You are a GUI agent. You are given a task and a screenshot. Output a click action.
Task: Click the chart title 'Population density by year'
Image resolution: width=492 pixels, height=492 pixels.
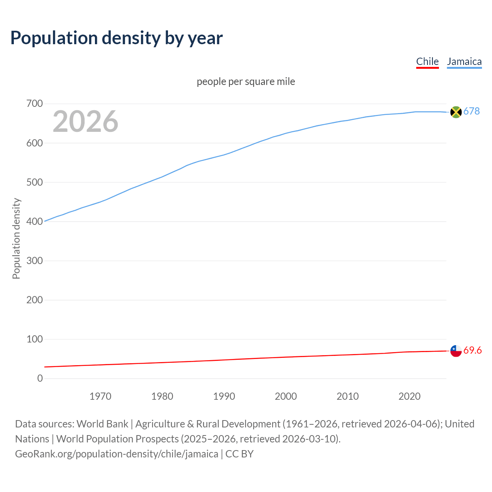116,38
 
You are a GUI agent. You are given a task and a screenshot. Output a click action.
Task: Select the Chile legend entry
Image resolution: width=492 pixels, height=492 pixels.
427,61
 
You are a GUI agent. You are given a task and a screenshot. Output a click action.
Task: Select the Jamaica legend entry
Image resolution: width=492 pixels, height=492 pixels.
464,61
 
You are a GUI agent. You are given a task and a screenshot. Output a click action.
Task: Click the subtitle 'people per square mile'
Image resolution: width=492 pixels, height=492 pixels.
246,82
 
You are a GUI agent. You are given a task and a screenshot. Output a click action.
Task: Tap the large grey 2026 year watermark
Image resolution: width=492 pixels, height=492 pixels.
85,121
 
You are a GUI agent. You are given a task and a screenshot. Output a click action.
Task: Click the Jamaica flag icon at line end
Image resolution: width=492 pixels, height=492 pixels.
455,112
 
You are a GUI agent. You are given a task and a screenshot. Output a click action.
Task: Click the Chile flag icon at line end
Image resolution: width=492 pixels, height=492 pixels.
455,351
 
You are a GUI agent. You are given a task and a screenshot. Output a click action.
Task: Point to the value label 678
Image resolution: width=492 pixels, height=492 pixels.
471,111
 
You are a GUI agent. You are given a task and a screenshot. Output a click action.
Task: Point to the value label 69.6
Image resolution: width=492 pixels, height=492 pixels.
472,350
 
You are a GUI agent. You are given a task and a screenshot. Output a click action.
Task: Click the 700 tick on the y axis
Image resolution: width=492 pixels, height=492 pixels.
35,104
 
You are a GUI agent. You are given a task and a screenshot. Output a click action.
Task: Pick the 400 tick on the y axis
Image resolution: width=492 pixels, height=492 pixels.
35,221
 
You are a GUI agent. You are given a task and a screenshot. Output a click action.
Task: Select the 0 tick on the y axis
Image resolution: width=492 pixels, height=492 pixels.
40,378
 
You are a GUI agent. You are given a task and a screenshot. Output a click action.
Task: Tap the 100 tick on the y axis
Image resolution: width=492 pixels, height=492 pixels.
35,339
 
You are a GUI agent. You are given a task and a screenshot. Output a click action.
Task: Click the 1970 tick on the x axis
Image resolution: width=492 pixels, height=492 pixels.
100,396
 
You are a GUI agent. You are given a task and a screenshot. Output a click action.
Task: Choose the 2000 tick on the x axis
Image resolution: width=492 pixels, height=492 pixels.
286,396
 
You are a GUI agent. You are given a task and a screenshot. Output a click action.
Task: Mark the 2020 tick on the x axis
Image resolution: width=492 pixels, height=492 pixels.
409,396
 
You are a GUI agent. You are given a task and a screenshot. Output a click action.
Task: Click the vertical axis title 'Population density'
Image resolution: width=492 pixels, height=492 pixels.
16,238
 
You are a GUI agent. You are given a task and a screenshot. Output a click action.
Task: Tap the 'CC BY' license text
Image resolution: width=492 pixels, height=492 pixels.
239,454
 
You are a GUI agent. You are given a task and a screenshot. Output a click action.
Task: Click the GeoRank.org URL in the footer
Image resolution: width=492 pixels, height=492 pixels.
116,454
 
